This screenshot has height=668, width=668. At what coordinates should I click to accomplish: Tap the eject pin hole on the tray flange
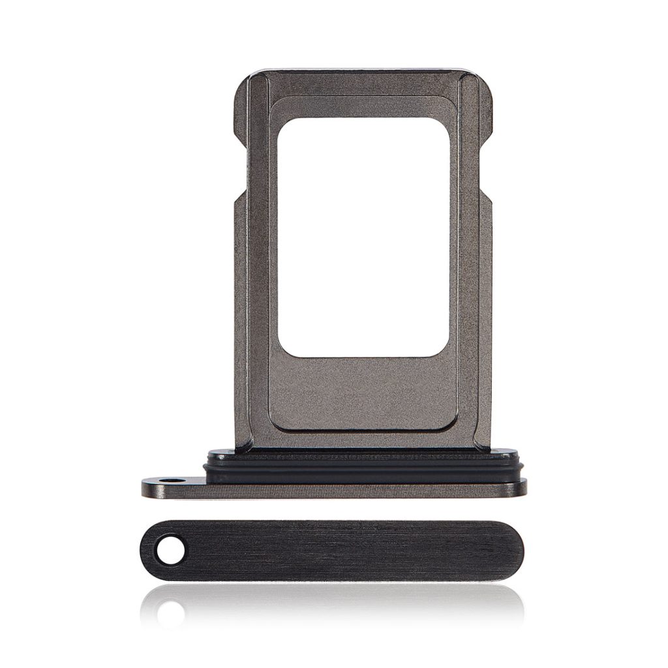(172, 483)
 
